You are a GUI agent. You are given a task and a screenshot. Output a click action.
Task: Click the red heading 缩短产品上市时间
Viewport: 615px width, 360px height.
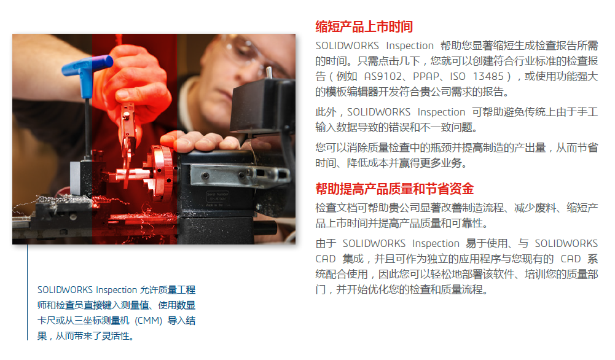[364, 26]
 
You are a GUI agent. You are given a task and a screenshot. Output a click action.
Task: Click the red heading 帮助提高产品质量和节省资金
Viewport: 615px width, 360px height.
[394, 189]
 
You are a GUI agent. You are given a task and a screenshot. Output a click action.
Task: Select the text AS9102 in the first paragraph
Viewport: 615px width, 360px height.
[383, 76]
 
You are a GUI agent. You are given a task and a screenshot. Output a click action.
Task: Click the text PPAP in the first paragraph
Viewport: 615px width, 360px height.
[426, 76]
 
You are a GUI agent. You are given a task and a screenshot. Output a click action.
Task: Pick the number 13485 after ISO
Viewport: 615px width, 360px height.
[488, 76]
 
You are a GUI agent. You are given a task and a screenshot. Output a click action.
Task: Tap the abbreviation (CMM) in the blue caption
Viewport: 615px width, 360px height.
[148, 321]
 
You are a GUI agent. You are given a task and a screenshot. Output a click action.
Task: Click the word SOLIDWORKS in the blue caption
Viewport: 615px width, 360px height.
[65, 290]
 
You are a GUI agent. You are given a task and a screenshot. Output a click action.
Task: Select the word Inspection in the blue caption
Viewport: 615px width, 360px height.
[117, 290]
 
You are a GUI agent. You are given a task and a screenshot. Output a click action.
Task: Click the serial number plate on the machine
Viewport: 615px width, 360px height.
[217, 199]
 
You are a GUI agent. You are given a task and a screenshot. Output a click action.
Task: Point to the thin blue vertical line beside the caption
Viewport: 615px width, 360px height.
[28, 292]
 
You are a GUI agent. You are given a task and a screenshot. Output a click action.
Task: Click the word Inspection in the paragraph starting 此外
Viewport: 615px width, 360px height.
[441, 112]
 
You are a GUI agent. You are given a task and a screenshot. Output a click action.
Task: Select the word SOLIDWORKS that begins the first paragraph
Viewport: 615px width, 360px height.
[347, 46]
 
